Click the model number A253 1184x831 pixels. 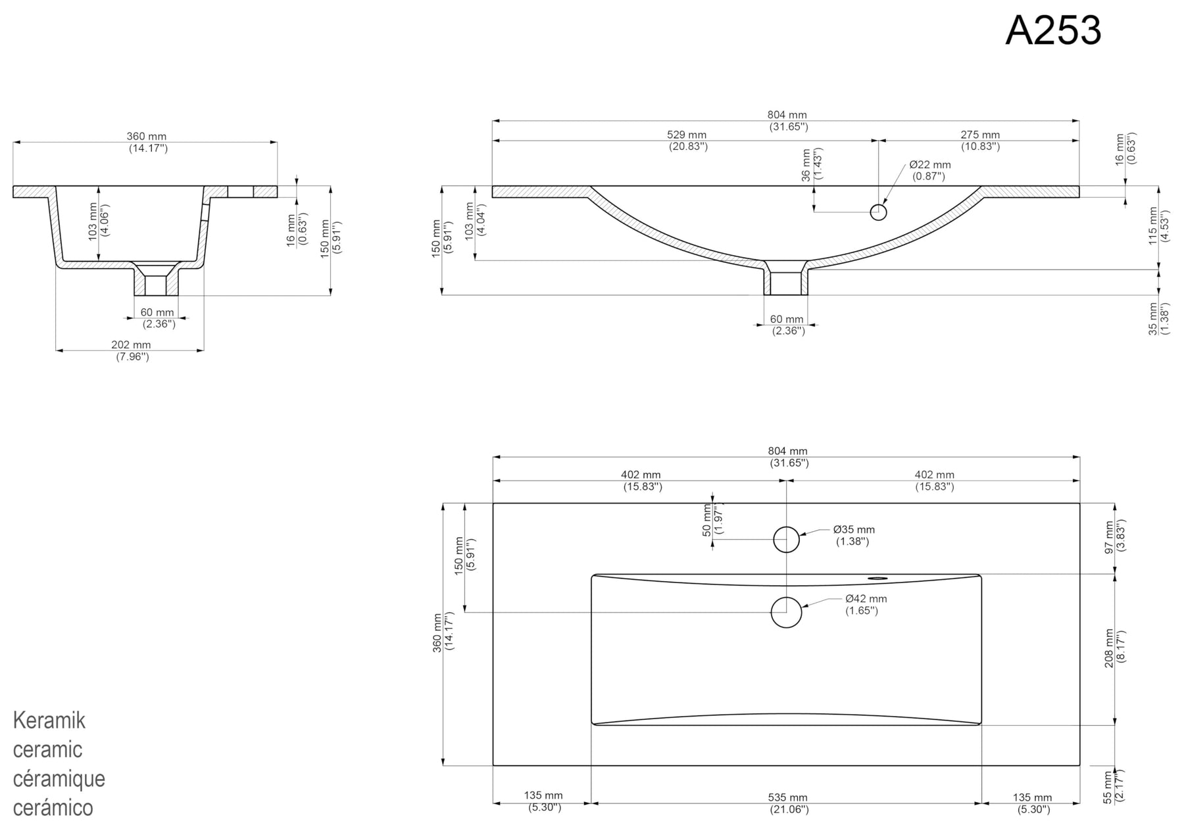[1052, 30]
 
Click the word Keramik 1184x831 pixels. [49, 721]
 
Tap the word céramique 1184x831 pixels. [59, 778]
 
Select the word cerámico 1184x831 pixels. [53, 807]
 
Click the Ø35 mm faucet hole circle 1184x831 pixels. [786, 540]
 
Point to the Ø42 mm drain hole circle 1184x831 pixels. [786, 612]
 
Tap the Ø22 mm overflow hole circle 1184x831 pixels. [878, 212]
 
